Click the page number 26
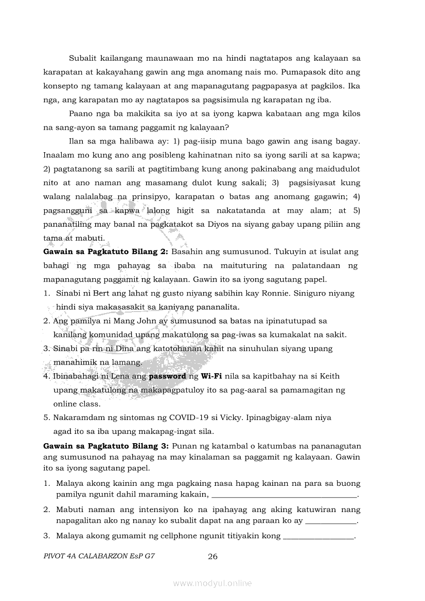coord(213,556)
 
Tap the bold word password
coord(167,376)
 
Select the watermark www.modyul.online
coord(213,583)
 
